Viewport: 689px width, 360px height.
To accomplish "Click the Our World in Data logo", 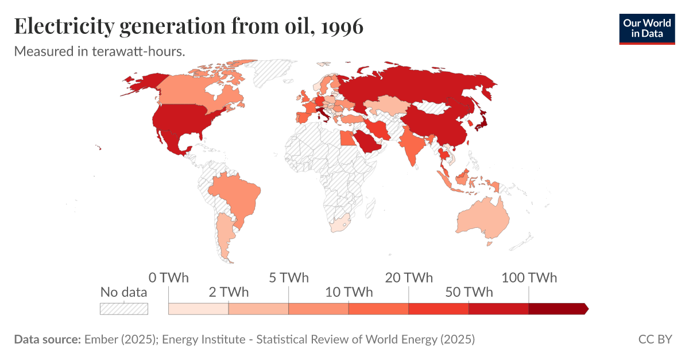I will click(x=647, y=28).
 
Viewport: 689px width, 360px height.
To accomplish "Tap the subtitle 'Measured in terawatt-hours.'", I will click(x=99, y=51).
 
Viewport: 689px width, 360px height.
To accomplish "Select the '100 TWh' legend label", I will click(x=529, y=278).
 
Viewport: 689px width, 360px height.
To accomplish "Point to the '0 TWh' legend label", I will click(x=168, y=278).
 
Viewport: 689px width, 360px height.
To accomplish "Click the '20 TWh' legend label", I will click(x=409, y=278).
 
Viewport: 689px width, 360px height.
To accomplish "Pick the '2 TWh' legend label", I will click(x=229, y=292).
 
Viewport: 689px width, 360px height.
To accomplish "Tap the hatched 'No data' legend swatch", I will click(x=124, y=308).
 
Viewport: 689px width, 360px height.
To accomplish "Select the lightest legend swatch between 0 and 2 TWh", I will click(x=198, y=308).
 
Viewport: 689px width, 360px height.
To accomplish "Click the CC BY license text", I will click(x=655, y=339).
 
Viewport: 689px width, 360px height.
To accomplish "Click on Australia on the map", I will click(x=482, y=218).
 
